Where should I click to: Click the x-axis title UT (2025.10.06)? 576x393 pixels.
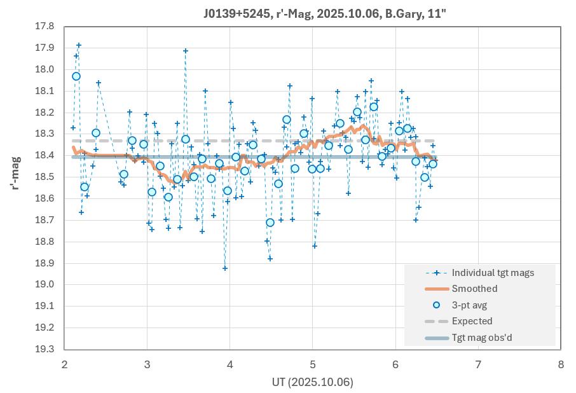312,382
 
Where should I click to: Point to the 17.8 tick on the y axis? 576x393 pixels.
46,27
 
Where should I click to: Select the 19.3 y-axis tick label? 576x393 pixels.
46,349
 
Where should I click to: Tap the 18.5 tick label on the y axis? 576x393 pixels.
46,177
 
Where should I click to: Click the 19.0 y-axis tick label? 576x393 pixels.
46,284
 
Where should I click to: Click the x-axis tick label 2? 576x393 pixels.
64,364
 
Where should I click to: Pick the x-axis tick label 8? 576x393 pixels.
560,364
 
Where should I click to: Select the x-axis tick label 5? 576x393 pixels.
312,364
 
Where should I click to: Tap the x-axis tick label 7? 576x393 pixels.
477,364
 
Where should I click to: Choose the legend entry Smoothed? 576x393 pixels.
474,289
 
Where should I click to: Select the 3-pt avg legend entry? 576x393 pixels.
473,305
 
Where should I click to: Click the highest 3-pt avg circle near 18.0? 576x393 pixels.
76,76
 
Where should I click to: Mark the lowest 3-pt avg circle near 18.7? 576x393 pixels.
270,223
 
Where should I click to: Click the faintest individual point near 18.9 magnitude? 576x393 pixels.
225,268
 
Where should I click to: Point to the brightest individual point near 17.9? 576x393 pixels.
79,45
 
